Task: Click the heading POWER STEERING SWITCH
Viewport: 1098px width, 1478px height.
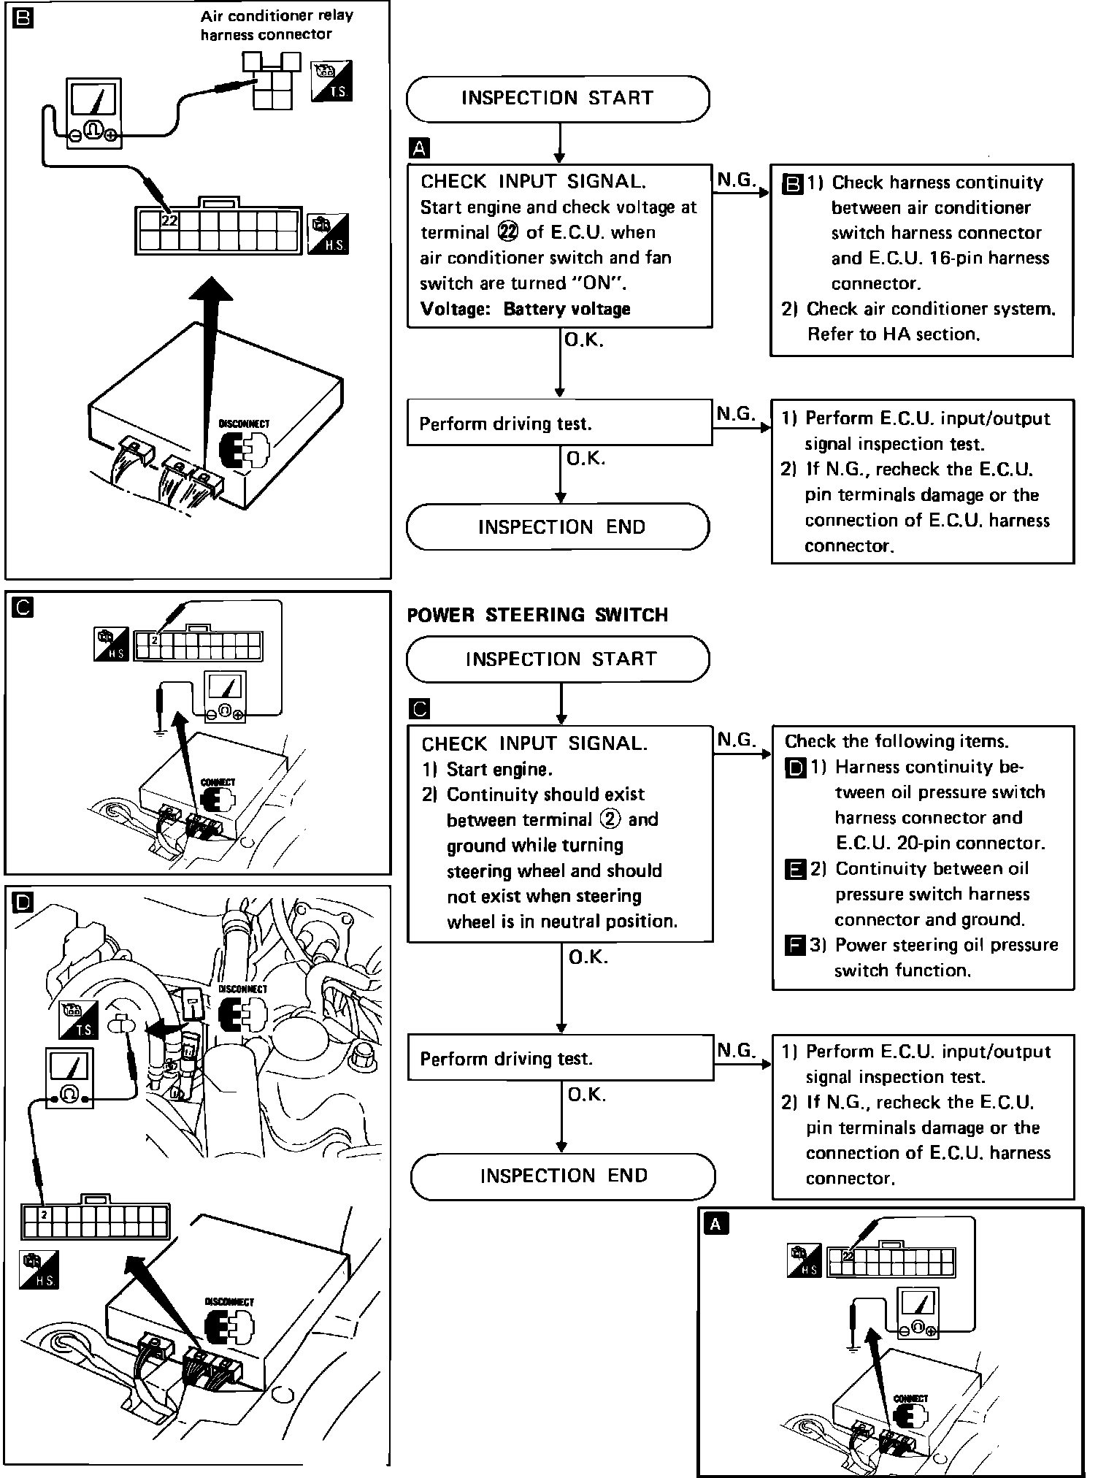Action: click(537, 615)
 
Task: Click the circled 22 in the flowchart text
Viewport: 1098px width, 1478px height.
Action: click(507, 232)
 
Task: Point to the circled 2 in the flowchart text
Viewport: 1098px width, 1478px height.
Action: click(610, 819)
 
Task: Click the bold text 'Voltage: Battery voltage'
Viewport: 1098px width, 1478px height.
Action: click(526, 309)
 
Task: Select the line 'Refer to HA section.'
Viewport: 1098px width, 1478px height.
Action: click(892, 334)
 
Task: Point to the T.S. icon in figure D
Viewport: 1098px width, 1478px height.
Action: click(78, 1019)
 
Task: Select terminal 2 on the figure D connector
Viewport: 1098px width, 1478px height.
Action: click(45, 1215)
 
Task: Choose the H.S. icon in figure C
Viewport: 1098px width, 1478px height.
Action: click(112, 645)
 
